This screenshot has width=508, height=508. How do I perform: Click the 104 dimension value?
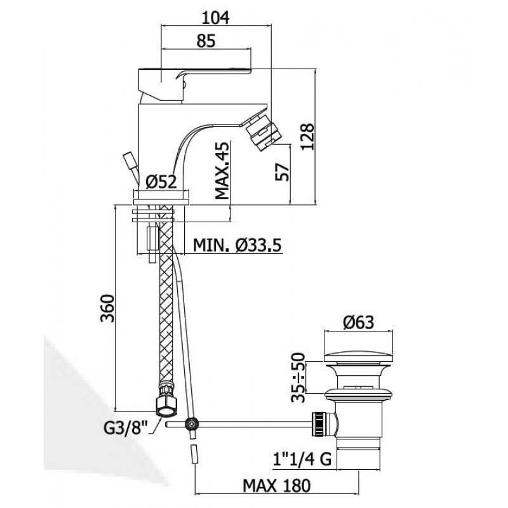pos(215,18)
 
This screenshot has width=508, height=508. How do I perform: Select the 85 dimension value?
pos(206,41)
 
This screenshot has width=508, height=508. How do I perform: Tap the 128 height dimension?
pos(307,136)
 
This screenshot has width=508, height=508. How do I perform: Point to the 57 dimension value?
pos(281,171)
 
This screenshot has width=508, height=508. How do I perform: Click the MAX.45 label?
pos(222,170)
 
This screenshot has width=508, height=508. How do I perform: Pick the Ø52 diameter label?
pos(161,182)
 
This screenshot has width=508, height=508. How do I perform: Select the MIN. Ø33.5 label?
pos(237,245)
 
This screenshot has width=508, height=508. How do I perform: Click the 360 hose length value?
pos(107,308)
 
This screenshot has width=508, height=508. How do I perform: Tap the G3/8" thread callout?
pos(125,428)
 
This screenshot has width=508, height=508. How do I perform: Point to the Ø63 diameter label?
pos(359,323)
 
